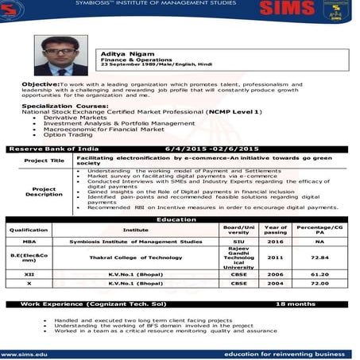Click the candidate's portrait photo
click(x=60, y=53)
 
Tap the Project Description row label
click(x=44, y=192)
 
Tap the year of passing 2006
click(x=275, y=272)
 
